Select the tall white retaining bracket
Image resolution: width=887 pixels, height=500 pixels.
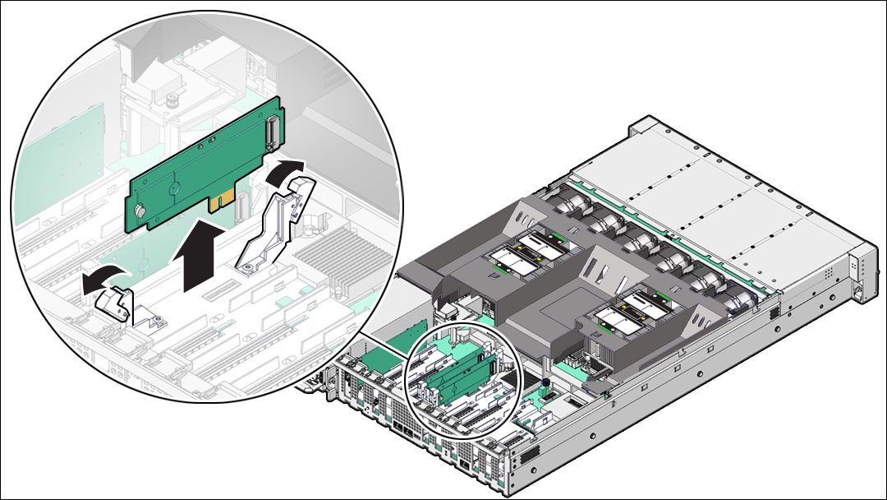coord(275,222)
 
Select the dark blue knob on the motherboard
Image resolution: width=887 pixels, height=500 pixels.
coord(544,382)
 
